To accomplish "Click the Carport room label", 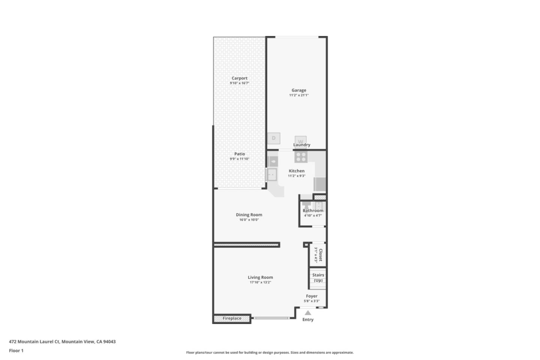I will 239,78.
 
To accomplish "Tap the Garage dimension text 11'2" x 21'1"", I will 298,95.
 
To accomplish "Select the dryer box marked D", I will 274,138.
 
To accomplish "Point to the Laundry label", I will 301,145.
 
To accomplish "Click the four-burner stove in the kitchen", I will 301,156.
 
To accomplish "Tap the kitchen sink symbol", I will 271,174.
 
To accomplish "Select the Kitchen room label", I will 297,171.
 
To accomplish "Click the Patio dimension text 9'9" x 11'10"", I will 239,159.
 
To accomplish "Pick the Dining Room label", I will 249,215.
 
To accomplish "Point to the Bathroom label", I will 313,211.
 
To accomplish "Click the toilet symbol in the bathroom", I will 306,205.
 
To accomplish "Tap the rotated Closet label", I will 320,255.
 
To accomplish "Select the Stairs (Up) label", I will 318,277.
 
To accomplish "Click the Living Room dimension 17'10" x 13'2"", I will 260,282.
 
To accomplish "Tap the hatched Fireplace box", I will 232,318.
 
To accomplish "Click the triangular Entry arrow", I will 308,313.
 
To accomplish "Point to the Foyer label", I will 312,296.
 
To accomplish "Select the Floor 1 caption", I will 16,351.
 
